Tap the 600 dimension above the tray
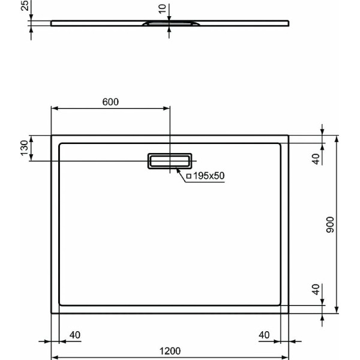(110, 101)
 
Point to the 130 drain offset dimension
(25, 148)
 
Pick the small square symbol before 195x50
(188, 176)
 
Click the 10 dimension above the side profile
(161, 10)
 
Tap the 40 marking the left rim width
(75, 334)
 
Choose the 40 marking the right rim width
(265, 334)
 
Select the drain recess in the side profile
(170, 24)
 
